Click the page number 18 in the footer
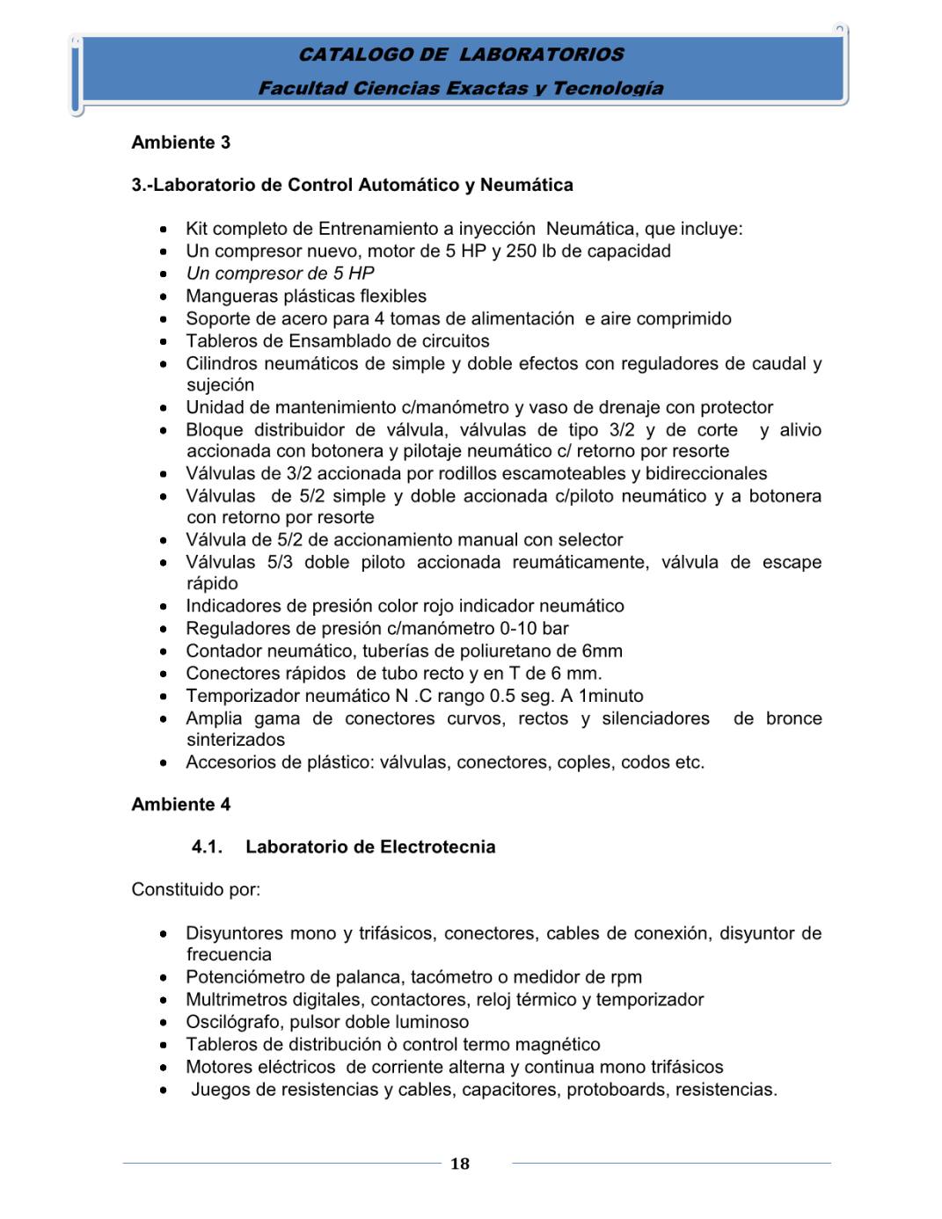[x=460, y=1164]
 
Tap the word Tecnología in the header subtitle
[x=608, y=88]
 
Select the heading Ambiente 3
[x=181, y=142]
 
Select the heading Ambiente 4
[x=181, y=804]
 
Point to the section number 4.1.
[x=207, y=847]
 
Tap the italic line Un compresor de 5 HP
[x=280, y=274]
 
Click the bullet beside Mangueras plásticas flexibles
[x=164, y=296]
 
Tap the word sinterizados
[x=236, y=741]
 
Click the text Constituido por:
[x=195, y=889]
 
